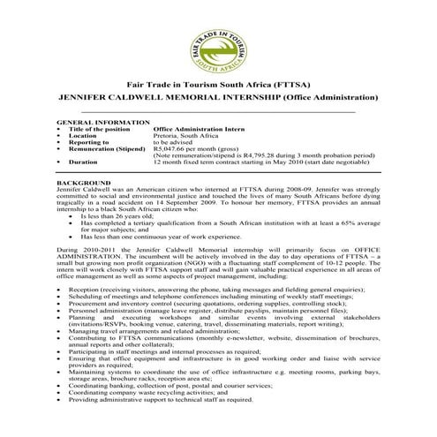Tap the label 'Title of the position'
(97, 129)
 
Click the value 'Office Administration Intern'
(196, 129)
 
